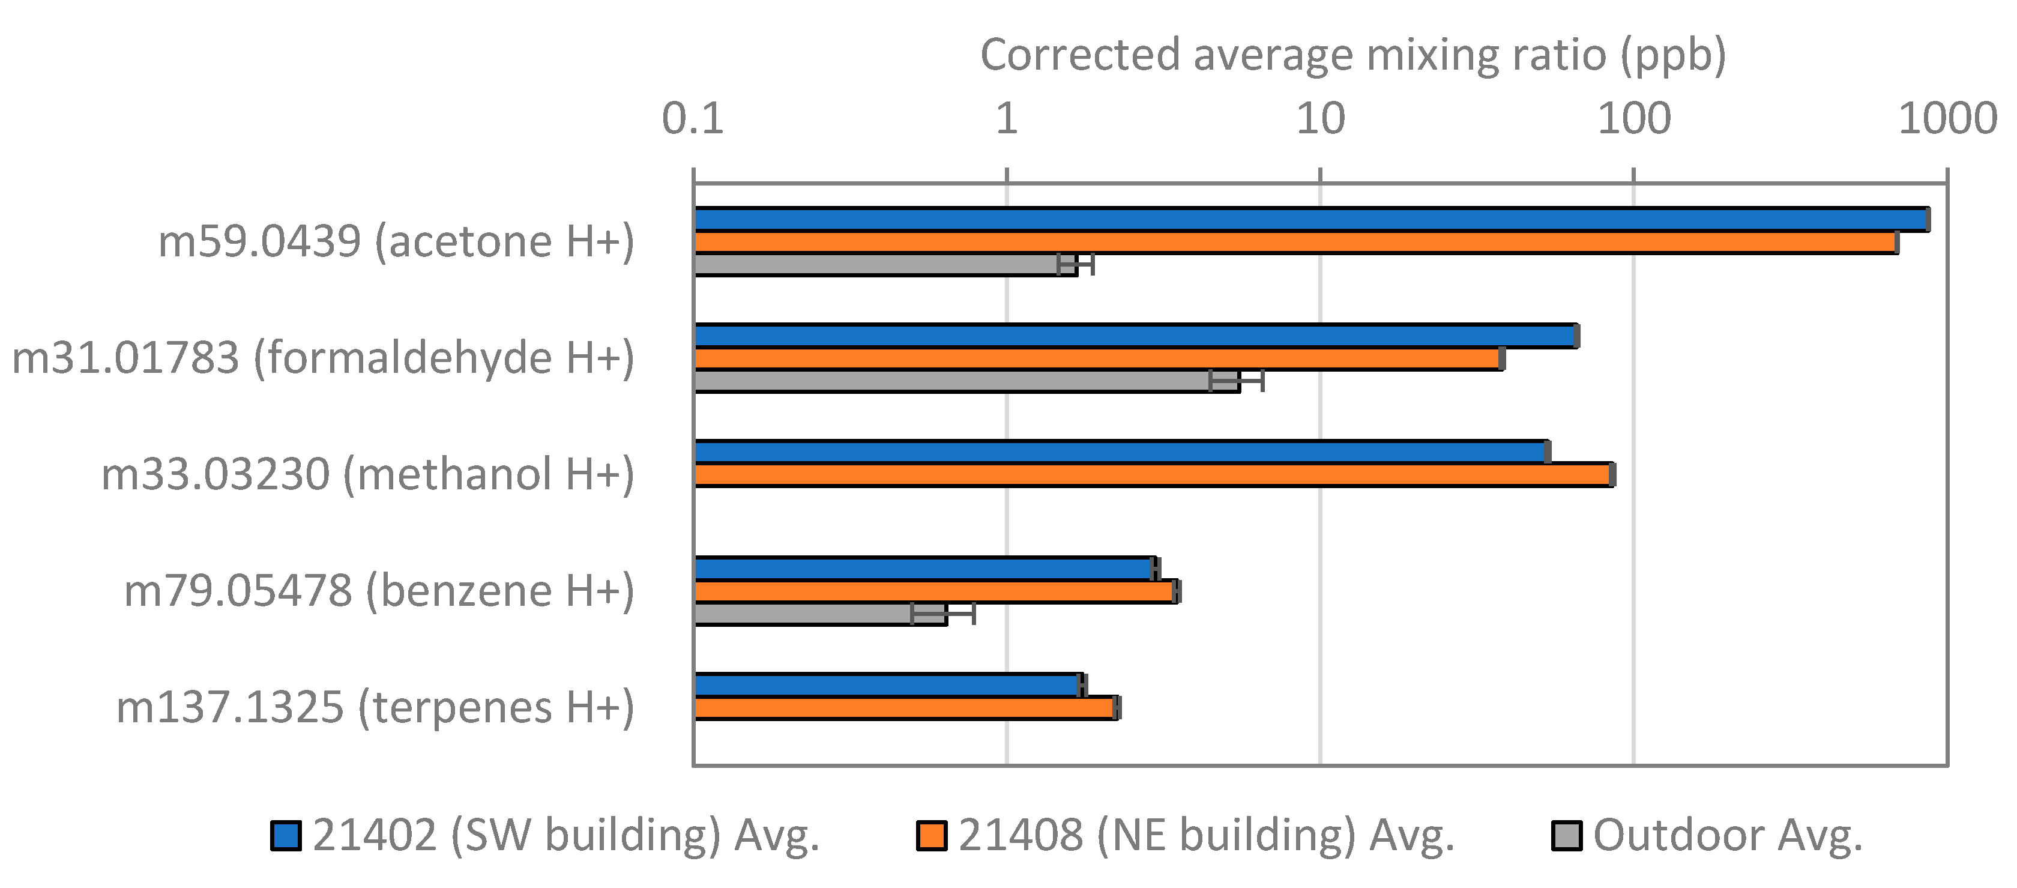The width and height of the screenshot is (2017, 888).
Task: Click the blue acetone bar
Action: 1307,220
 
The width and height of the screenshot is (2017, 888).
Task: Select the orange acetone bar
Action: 1292,243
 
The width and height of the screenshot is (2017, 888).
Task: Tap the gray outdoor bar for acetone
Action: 877,265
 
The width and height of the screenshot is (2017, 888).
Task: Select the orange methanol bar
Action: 1151,474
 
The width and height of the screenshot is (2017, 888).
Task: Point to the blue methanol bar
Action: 1120,452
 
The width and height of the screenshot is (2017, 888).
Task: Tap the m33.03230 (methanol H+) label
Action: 368,474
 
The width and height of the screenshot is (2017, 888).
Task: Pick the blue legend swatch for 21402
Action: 286,836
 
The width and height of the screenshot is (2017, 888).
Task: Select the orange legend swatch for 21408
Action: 932,836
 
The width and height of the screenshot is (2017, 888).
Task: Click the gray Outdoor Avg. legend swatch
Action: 1567,836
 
